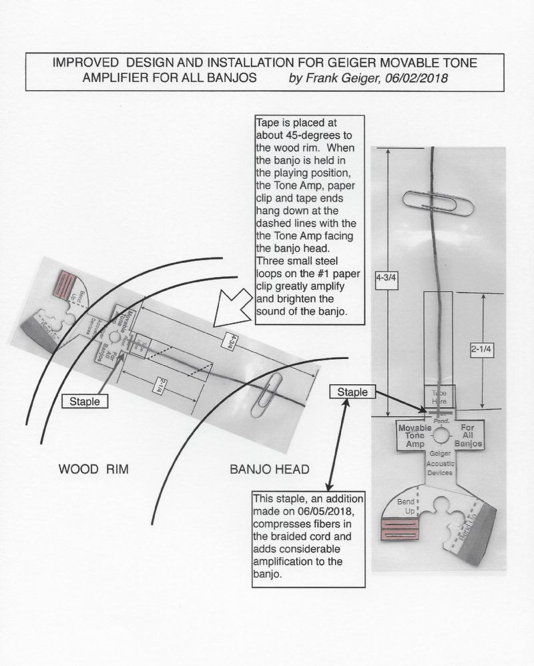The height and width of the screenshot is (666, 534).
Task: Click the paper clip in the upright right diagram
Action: click(x=438, y=202)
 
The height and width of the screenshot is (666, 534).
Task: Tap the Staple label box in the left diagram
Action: click(x=84, y=402)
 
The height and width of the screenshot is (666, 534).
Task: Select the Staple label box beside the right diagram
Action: click(x=352, y=392)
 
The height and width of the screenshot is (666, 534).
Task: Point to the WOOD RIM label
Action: click(x=93, y=470)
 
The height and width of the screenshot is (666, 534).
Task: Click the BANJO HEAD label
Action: click(x=270, y=470)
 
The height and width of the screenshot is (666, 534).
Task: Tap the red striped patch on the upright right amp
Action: click(x=398, y=528)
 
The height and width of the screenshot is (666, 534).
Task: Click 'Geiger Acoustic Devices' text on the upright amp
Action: click(x=440, y=462)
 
